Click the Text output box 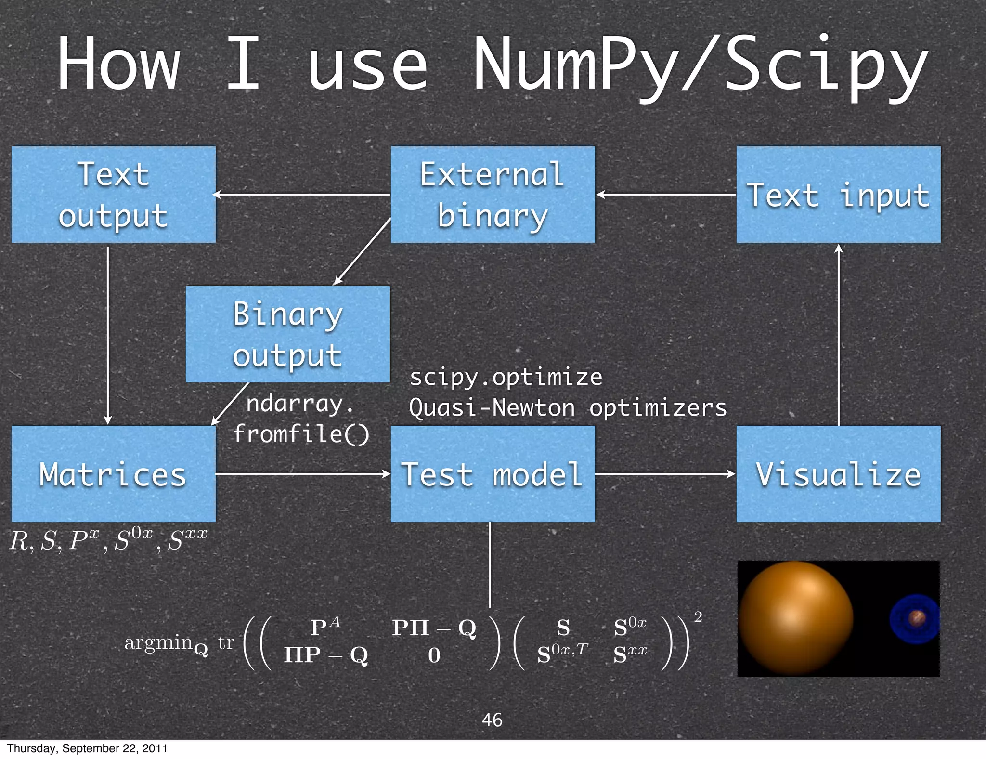[x=113, y=195]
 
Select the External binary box [x=492, y=195]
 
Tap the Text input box [x=838, y=195]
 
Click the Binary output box [x=287, y=334]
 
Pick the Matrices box [x=113, y=474]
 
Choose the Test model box [x=492, y=474]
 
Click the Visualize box [x=838, y=474]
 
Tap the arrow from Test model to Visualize [x=665, y=474]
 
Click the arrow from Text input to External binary [x=665, y=195]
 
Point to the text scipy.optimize [x=506, y=377]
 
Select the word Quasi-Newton [x=492, y=408]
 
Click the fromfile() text [x=301, y=433]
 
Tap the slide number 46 [x=492, y=720]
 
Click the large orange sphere [x=795, y=618]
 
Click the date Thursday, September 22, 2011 [x=87, y=748]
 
